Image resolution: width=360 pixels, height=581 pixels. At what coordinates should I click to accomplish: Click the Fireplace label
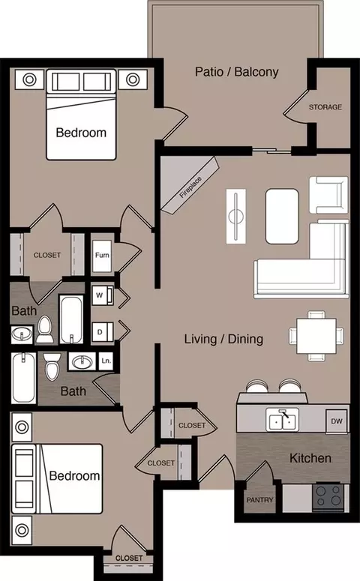[191, 187]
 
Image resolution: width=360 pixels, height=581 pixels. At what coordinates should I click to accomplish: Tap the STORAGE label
[325, 107]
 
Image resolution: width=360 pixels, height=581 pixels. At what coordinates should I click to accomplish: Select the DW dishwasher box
[337, 421]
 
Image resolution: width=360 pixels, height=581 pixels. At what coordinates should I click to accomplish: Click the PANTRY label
[260, 500]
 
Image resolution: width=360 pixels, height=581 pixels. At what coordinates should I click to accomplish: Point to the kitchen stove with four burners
[328, 497]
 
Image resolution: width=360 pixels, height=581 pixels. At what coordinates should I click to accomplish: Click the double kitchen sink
[282, 420]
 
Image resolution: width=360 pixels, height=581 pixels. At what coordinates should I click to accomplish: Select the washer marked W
[103, 295]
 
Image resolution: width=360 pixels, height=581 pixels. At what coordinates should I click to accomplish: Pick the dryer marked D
[103, 331]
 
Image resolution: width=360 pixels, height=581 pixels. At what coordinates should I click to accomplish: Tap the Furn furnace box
[102, 256]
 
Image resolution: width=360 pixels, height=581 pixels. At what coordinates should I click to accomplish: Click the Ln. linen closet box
[106, 361]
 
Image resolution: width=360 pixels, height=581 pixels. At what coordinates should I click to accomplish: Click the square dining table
[316, 336]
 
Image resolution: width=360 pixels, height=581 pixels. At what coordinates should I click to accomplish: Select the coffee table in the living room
[282, 217]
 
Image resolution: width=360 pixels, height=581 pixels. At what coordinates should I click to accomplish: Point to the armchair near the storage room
[328, 195]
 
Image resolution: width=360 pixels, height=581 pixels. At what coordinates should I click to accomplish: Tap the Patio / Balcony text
[237, 72]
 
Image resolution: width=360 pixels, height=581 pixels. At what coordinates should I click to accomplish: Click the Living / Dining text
[224, 339]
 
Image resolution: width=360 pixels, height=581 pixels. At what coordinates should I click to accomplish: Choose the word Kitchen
[310, 458]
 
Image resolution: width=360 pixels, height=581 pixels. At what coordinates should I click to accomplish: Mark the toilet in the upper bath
[45, 329]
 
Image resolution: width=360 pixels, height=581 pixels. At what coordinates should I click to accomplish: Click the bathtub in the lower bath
[24, 378]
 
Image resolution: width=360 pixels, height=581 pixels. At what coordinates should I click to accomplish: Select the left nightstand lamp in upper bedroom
[29, 79]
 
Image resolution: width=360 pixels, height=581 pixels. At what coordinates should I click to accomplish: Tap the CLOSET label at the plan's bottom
[129, 558]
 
